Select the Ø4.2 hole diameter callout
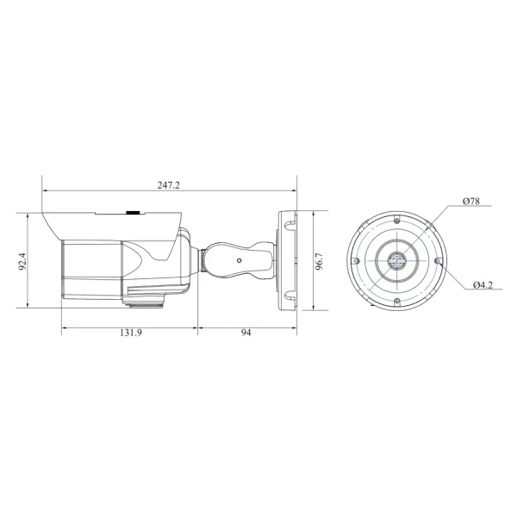point(483,284)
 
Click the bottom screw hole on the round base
point(396,302)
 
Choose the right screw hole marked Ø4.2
point(439,259)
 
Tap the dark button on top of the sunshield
point(134,210)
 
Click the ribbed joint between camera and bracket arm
point(200,258)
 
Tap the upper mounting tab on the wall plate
point(289,222)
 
